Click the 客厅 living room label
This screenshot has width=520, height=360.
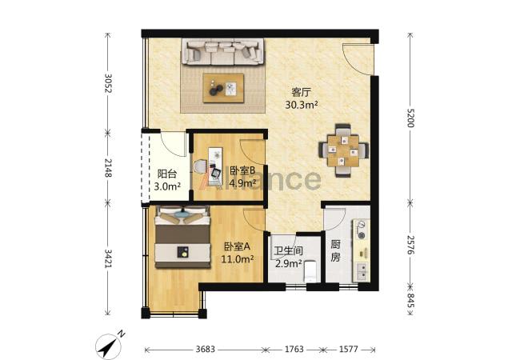pos(301,92)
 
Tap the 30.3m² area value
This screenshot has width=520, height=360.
pos(302,105)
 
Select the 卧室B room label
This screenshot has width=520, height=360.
pos(242,171)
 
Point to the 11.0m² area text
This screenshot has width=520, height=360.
pos(237,259)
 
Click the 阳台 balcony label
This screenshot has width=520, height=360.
pos(167,174)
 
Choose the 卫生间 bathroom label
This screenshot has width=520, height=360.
pos(288,250)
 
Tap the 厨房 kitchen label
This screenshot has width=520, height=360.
pos(335,251)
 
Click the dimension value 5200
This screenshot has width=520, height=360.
pos(410,118)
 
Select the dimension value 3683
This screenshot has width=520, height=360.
pos(206,349)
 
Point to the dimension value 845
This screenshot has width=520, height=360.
pos(410,300)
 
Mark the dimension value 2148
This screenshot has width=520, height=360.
pos(108,168)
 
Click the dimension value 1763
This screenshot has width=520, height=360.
pos(294,349)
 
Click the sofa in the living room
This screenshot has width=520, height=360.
pos(223,51)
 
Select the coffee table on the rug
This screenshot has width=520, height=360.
pos(223,88)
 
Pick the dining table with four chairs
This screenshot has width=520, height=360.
pos(343,150)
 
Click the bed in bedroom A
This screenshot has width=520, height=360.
pos(182,237)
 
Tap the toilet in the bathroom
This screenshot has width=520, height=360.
pos(310,271)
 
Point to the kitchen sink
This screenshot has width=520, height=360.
pos(362,271)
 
